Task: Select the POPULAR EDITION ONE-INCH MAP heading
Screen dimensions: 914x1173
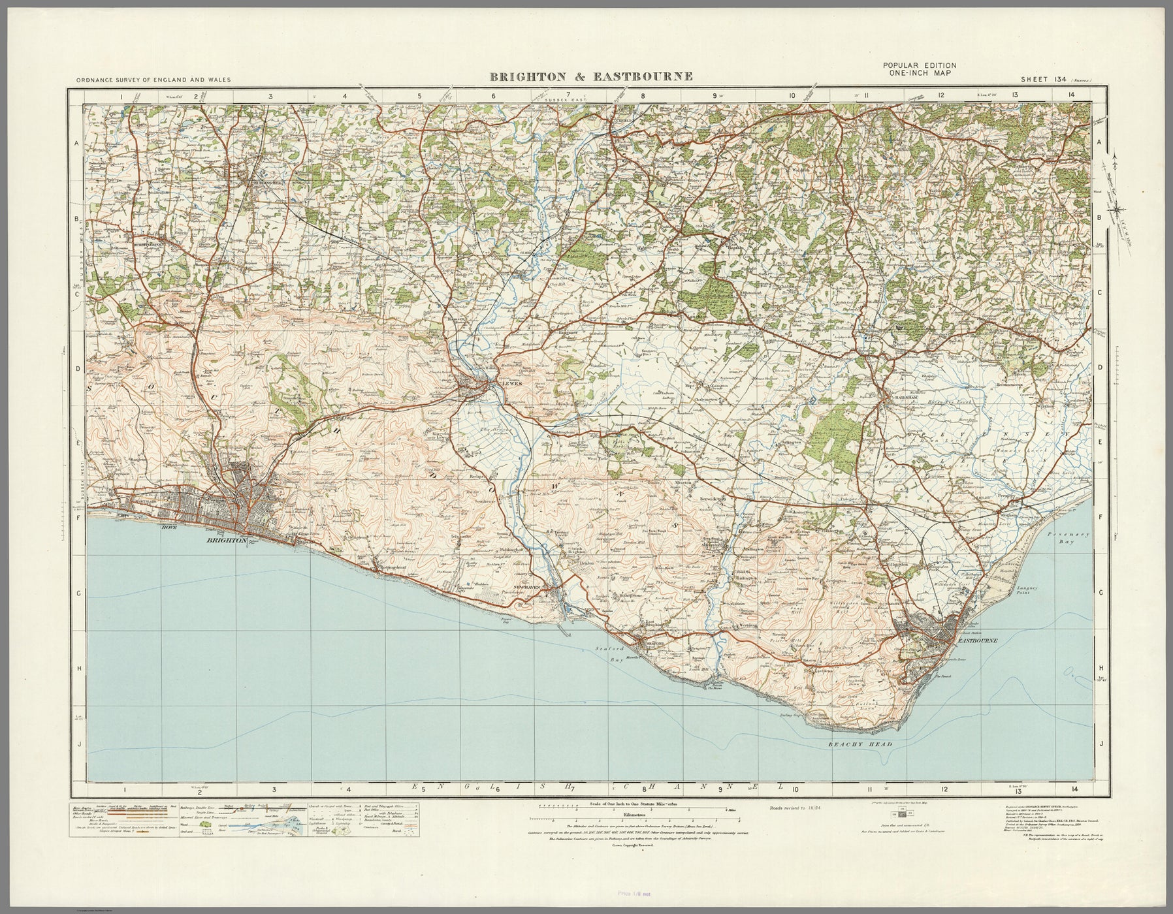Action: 919,69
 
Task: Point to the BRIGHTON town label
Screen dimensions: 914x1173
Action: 226,541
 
